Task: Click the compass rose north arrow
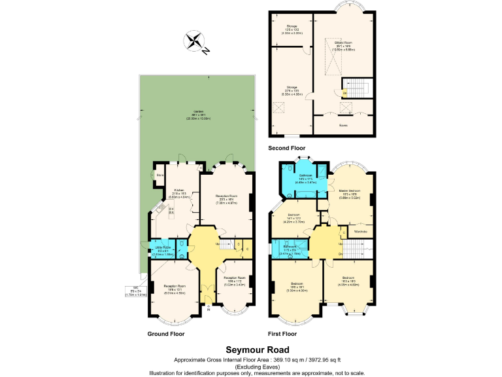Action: point(195,42)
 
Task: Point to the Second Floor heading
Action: point(288,148)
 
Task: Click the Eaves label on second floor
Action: point(343,124)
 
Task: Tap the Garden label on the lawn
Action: point(197,112)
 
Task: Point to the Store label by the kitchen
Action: point(160,175)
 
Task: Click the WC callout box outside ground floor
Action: point(134,292)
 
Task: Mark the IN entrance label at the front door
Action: point(209,310)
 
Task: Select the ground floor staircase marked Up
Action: point(226,245)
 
